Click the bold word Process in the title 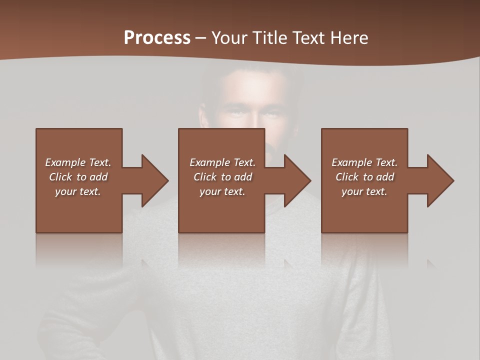pyautogui.click(x=157, y=38)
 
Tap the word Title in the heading pyautogui.click(x=270, y=38)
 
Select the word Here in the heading pyautogui.click(x=349, y=38)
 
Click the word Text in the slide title pyautogui.click(x=310, y=38)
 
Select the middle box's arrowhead pyautogui.click(x=297, y=180)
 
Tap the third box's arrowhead pyautogui.click(x=440, y=180)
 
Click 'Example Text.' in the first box pyautogui.click(x=78, y=162)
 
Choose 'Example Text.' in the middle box pyautogui.click(x=222, y=162)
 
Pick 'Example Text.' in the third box pyautogui.click(x=364, y=162)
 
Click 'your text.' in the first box pyautogui.click(x=78, y=191)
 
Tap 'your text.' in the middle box pyautogui.click(x=222, y=191)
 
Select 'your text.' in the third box pyautogui.click(x=364, y=191)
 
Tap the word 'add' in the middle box pyautogui.click(x=243, y=177)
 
